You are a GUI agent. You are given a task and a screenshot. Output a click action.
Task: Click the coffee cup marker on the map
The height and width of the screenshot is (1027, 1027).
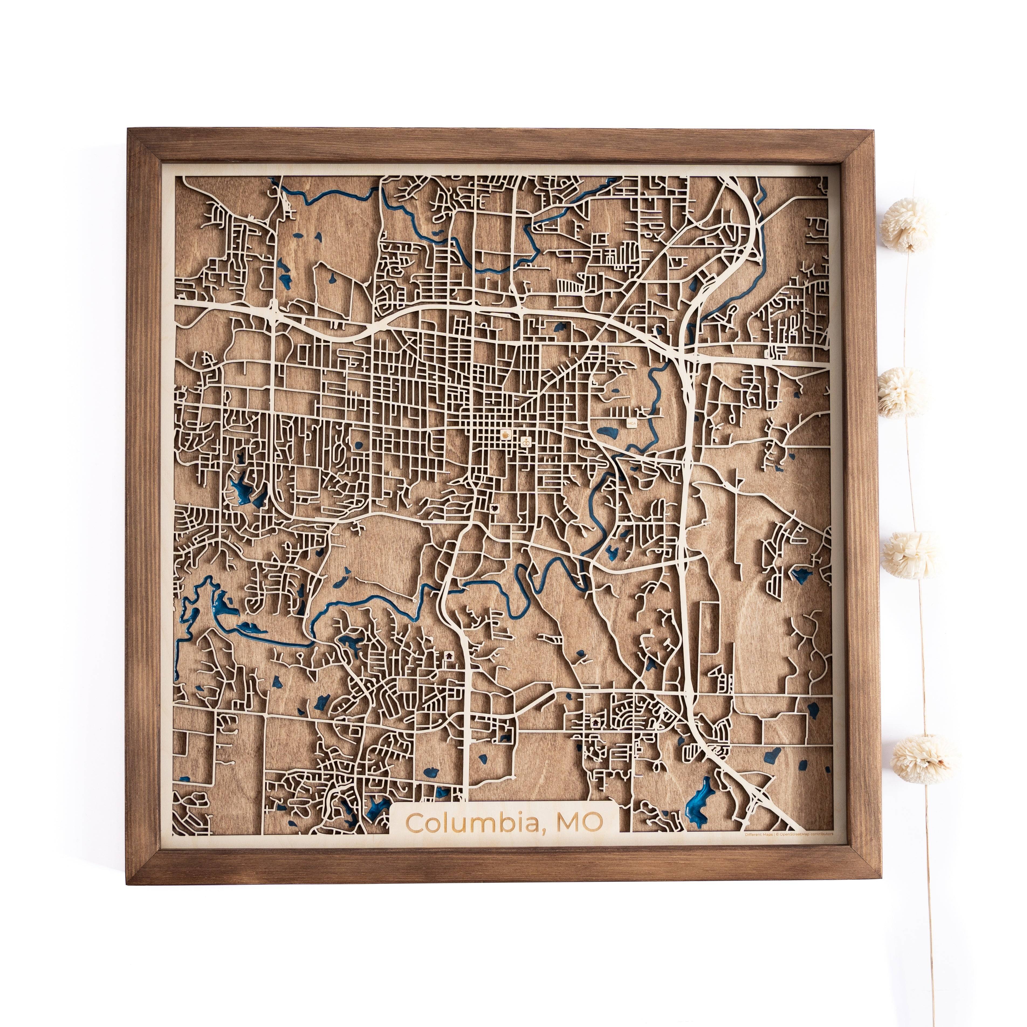pyautogui.click(x=506, y=433)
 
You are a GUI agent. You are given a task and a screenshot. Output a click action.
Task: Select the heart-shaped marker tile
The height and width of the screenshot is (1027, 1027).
pyautogui.click(x=495, y=508)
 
